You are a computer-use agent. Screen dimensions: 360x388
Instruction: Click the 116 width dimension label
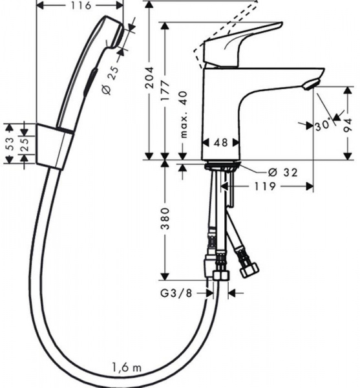click(x=81, y=5)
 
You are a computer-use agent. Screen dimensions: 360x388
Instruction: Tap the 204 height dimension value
click(x=149, y=78)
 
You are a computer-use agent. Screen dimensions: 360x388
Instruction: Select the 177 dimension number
click(x=165, y=90)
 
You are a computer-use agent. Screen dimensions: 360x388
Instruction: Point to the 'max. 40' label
click(x=184, y=114)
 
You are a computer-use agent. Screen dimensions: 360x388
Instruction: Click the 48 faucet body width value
click(x=221, y=142)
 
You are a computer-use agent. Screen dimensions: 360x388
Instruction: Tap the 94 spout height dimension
click(x=348, y=125)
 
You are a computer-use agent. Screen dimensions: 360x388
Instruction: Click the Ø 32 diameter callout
click(x=283, y=172)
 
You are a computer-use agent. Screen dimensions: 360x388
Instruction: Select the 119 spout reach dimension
click(x=265, y=186)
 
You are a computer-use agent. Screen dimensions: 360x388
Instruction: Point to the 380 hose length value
click(x=165, y=219)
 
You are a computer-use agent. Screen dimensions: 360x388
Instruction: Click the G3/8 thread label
click(x=176, y=293)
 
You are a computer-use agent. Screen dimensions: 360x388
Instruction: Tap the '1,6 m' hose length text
click(x=127, y=367)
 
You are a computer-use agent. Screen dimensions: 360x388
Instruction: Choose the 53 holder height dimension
click(x=10, y=144)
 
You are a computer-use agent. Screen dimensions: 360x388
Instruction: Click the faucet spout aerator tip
click(x=310, y=84)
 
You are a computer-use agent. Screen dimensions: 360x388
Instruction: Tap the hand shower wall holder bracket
click(x=55, y=147)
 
